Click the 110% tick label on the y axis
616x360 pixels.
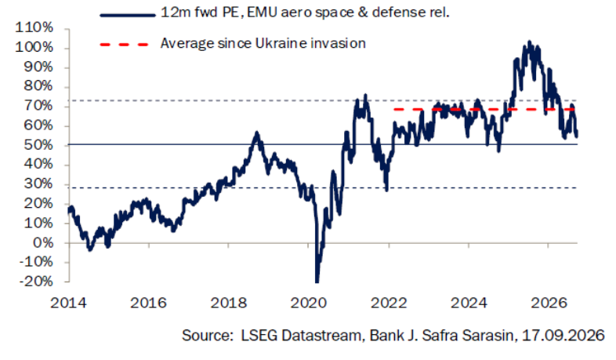pos(34,28)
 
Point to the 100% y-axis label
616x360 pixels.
pos(34,48)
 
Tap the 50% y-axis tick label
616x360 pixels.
pos(38,145)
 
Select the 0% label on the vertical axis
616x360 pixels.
pos(43,243)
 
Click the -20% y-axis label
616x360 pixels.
pos(36,282)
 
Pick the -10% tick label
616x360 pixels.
pos(36,262)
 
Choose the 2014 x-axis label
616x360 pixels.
pos(68,303)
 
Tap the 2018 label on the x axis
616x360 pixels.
pos(229,303)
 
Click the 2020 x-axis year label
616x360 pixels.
pos(309,303)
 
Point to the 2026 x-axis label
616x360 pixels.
pos(549,303)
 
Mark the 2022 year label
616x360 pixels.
pos(389,303)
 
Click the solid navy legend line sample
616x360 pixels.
pos(128,16)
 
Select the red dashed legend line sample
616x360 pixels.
pos(124,45)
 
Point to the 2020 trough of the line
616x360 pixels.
pos(317,281)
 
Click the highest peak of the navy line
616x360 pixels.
pos(529,42)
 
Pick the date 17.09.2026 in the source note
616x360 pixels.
pos(563,335)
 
